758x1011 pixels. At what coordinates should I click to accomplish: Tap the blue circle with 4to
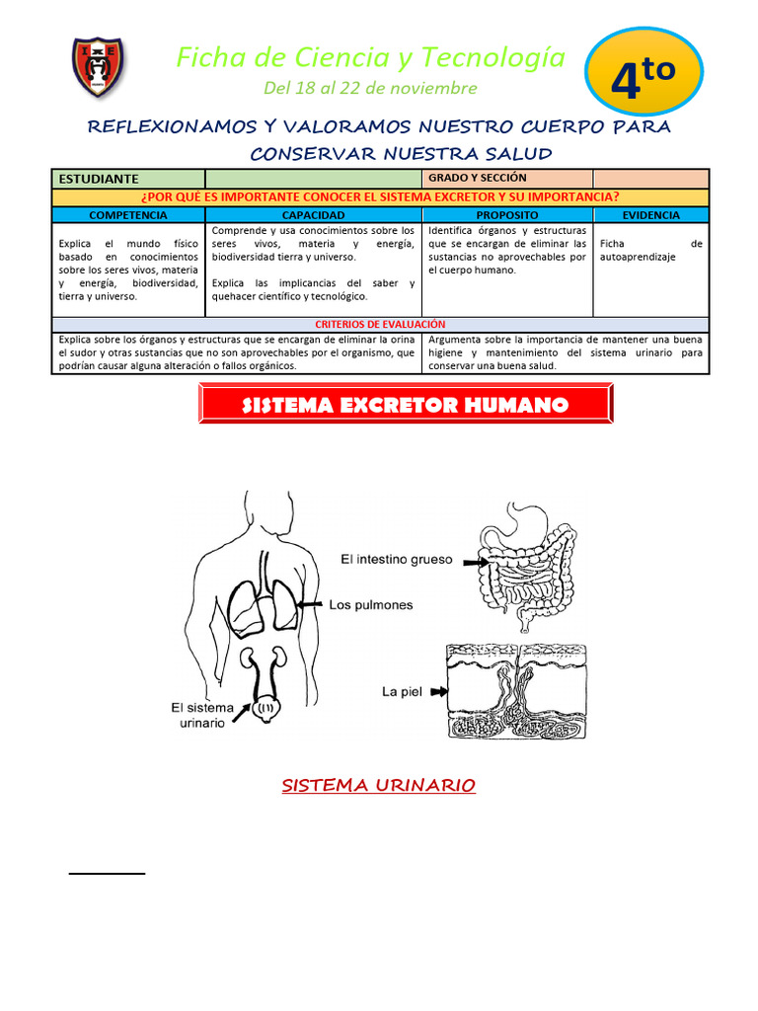pyautogui.click(x=644, y=79)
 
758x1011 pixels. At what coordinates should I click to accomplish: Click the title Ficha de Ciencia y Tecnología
pyautogui.click(x=370, y=57)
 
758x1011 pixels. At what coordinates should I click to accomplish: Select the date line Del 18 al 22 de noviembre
pyautogui.click(x=370, y=89)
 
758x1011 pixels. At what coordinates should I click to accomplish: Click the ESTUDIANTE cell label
pyautogui.click(x=99, y=179)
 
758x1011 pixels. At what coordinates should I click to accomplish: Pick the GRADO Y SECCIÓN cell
pyautogui.click(x=478, y=178)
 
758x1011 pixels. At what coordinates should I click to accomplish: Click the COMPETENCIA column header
pyautogui.click(x=128, y=214)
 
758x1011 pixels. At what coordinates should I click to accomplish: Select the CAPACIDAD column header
pyautogui.click(x=313, y=214)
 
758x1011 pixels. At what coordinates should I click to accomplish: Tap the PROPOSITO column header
pyautogui.click(x=507, y=214)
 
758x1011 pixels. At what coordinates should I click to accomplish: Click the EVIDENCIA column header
pyautogui.click(x=650, y=214)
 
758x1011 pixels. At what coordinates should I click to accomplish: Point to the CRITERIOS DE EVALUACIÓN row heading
pyautogui.click(x=380, y=324)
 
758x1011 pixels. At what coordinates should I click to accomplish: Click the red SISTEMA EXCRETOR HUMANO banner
pyautogui.click(x=406, y=405)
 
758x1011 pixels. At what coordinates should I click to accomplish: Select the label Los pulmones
pyautogui.click(x=370, y=604)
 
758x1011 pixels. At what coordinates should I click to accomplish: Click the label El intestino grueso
pyautogui.click(x=396, y=559)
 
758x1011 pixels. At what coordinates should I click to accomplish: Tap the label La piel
pyautogui.click(x=402, y=692)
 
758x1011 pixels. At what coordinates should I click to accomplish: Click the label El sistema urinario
pyautogui.click(x=202, y=715)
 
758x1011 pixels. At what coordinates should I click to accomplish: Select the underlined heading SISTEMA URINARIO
pyautogui.click(x=379, y=785)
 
